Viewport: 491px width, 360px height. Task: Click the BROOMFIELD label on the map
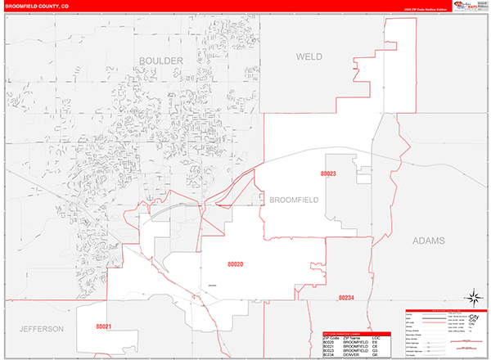[293, 200]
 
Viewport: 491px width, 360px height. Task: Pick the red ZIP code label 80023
[329, 174]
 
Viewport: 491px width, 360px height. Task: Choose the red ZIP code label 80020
[236, 263]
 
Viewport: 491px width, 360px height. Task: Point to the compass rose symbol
[474, 297]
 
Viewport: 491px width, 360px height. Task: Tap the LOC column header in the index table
[376, 337]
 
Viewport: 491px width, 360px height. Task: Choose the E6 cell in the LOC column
[375, 342]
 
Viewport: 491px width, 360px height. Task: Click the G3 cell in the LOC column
[375, 350]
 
